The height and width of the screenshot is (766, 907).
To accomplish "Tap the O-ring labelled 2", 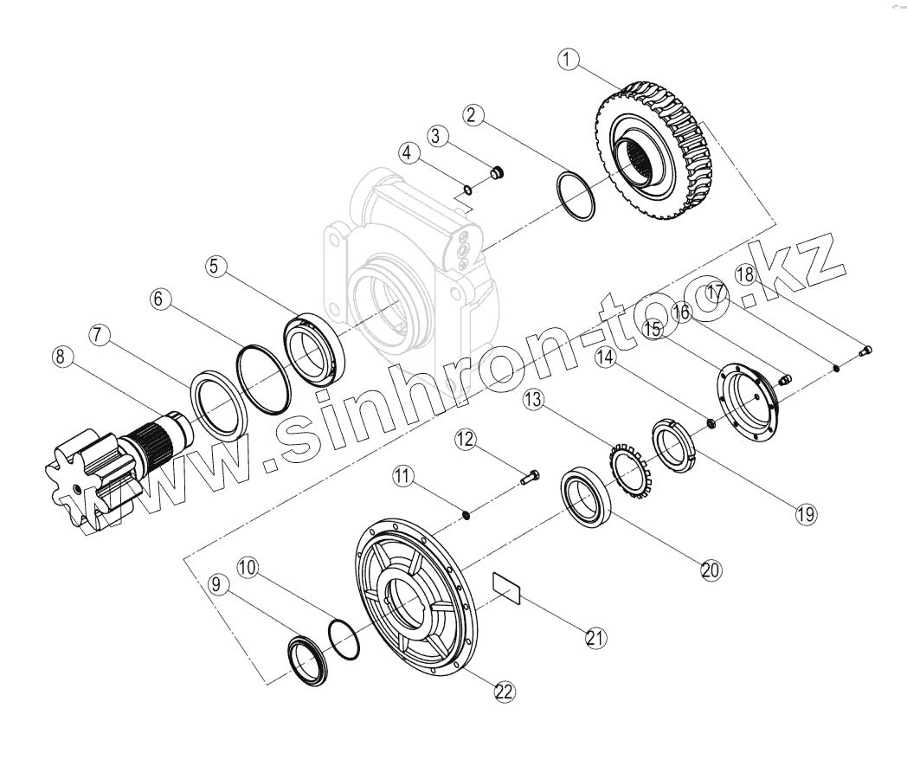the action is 575,196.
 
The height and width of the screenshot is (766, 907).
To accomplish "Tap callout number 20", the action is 711,570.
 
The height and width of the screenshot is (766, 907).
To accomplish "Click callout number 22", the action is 504,691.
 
